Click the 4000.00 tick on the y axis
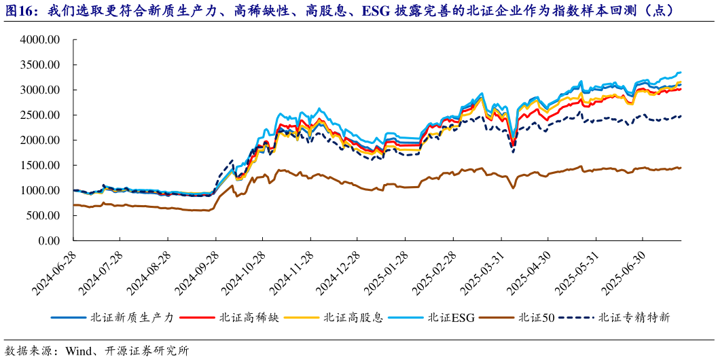[x=41, y=40]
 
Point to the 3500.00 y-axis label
[x=41, y=65]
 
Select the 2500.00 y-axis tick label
[x=41, y=115]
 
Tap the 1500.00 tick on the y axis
[x=41, y=166]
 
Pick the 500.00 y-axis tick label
[x=43, y=216]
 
